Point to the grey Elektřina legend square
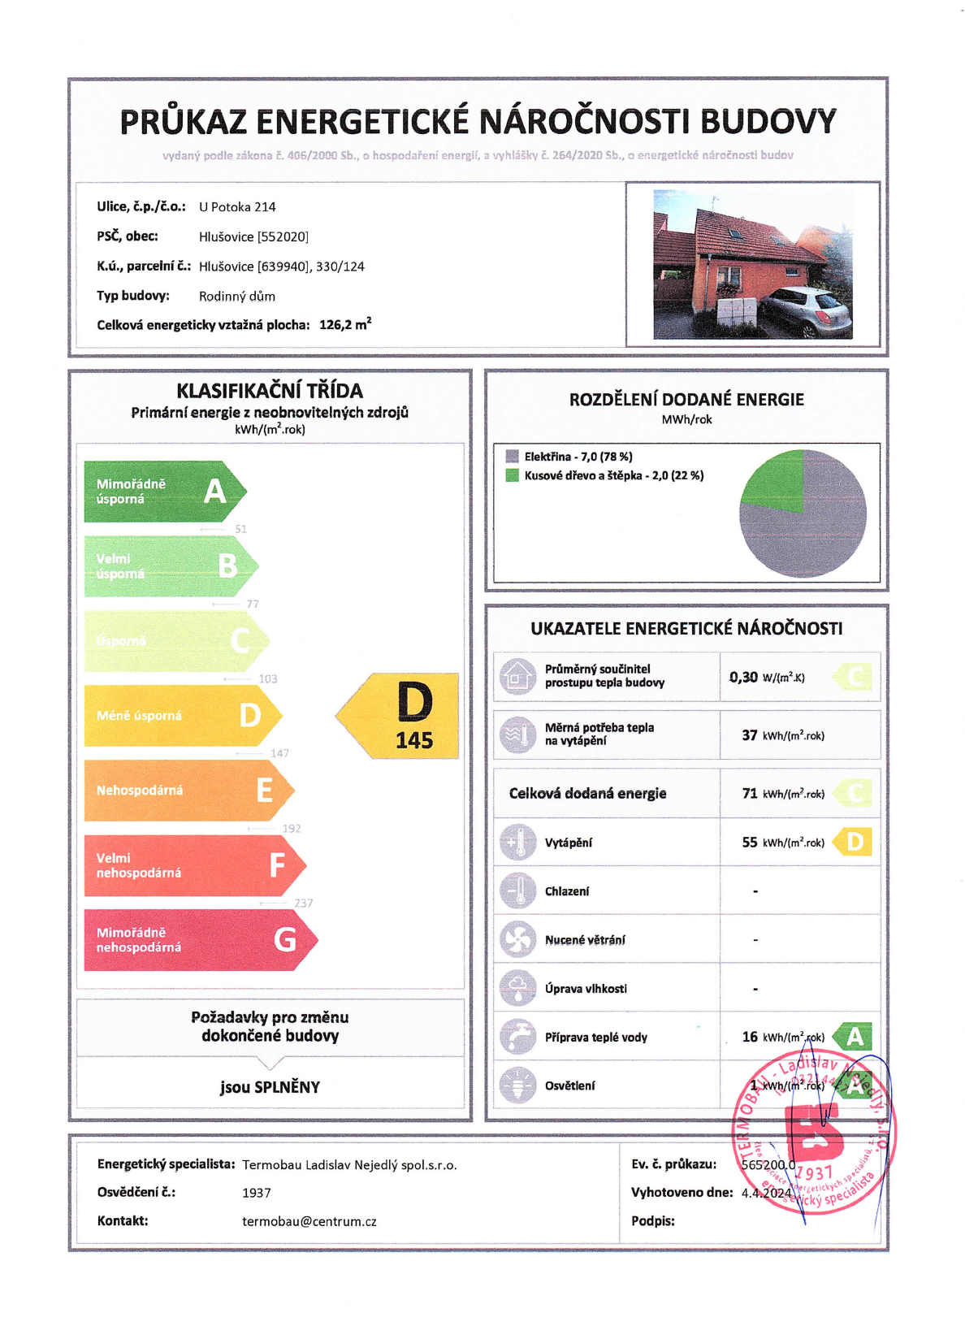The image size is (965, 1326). point(512,457)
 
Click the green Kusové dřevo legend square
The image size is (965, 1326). point(512,475)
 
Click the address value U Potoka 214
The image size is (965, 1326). point(237,207)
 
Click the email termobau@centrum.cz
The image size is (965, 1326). point(309,1221)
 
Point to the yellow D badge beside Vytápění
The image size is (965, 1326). point(855,842)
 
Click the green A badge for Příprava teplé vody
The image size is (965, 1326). point(855,1037)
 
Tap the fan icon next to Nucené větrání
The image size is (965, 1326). point(517,939)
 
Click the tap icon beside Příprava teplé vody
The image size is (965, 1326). point(517,1037)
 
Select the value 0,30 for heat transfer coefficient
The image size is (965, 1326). point(743,677)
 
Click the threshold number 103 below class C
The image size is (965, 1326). point(267,679)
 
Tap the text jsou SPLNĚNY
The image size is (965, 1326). point(270,1087)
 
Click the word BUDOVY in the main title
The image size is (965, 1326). point(768,122)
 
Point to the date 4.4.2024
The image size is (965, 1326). point(766,1193)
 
